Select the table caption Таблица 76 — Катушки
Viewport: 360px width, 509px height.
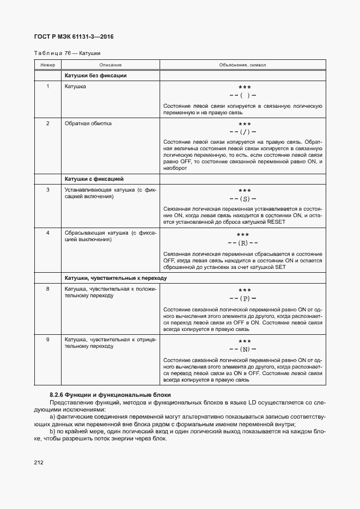[x=67, y=53]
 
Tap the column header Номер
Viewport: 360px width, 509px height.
[x=48, y=65]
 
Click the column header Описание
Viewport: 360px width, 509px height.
[x=110, y=65]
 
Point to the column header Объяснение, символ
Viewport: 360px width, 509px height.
[x=242, y=65]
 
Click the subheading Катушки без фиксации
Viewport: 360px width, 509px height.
[x=95, y=76]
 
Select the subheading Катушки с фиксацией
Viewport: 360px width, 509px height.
[x=94, y=179]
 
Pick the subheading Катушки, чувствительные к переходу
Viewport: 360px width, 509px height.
[x=115, y=278]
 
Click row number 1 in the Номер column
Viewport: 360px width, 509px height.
[x=48, y=87]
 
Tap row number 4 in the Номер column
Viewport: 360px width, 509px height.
[x=48, y=233]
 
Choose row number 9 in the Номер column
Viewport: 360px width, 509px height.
[x=48, y=340]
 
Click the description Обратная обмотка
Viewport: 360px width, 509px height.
[x=88, y=124]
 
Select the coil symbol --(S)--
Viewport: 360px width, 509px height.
[x=243, y=199]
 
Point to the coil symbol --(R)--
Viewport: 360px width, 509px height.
[x=243, y=243]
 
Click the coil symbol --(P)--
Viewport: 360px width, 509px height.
[x=243, y=298]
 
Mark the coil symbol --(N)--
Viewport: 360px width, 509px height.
[x=243, y=349]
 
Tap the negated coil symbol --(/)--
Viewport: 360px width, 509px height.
[x=243, y=132]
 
